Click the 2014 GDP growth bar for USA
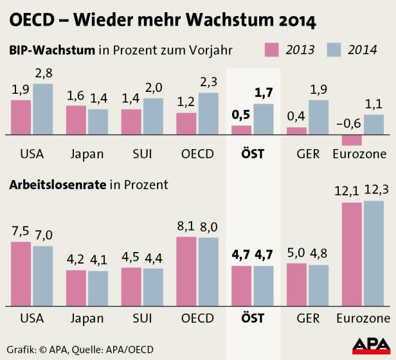coord(42,109)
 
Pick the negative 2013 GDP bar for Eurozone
coord(351,140)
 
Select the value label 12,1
coord(351,191)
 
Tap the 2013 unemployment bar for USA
coord(21,274)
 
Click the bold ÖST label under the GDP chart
coord(253,154)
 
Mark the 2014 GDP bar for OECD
coord(208,114)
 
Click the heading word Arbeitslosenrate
coord(56,184)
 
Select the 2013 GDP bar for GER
coord(296,131)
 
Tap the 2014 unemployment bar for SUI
coord(153,287)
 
